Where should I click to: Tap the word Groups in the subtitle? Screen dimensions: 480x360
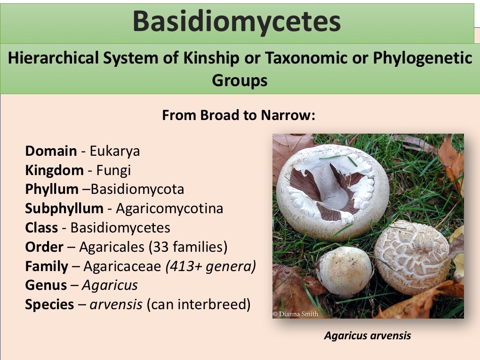[x=240, y=80]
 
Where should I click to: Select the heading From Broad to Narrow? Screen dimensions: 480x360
[x=239, y=115]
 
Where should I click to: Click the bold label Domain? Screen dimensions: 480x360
[x=51, y=151]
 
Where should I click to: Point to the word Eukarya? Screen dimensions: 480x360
[x=115, y=152]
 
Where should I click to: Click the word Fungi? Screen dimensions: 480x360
[x=113, y=170]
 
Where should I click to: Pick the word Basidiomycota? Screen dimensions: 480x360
[x=137, y=189]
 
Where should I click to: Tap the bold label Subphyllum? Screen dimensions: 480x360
[x=64, y=209]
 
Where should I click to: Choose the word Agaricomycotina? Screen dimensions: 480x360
[x=169, y=209]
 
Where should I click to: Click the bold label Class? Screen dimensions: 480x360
[x=41, y=228]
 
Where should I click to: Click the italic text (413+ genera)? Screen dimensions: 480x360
[x=211, y=266]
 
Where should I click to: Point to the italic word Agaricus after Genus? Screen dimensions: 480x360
[x=110, y=286]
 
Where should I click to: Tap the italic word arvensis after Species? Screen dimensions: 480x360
[x=116, y=305]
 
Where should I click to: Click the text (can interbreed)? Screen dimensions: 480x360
[x=199, y=304]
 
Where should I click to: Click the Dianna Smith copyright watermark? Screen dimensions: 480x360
[x=296, y=314]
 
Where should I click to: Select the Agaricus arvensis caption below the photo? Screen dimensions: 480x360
[x=368, y=336]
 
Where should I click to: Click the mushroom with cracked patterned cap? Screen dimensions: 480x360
[x=412, y=257]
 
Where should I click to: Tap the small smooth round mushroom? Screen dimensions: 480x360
[x=344, y=271]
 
